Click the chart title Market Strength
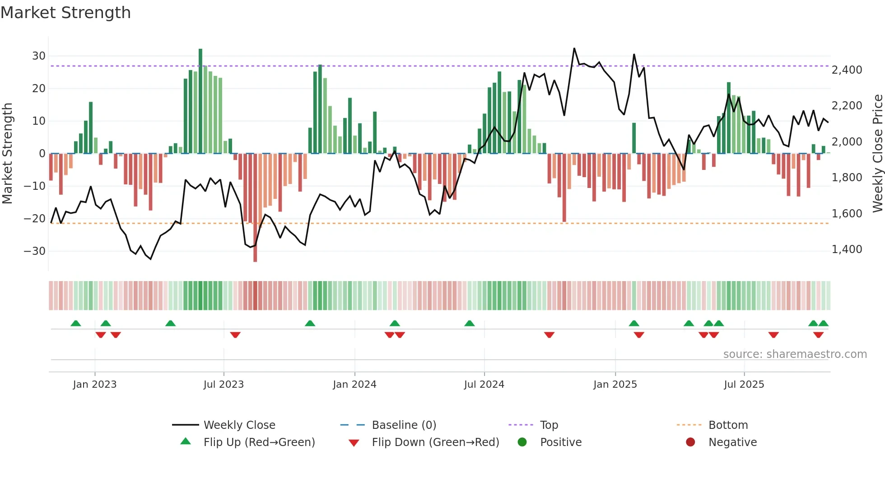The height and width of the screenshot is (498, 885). click(x=65, y=13)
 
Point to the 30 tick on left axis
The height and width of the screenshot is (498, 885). click(x=39, y=56)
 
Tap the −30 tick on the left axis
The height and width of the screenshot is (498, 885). click(x=35, y=251)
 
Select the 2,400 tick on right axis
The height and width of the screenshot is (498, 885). click(x=847, y=70)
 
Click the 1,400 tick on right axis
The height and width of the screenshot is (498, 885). click(x=847, y=249)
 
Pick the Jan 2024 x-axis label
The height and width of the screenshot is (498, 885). click(x=354, y=385)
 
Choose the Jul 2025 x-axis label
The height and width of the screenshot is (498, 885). click(x=744, y=385)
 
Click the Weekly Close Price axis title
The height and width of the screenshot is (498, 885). click(x=877, y=154)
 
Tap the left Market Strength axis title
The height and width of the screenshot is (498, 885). click(x=7, y=154)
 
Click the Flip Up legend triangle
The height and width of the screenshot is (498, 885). click(x=186, y=442)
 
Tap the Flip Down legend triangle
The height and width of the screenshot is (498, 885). click(x=354, y=443)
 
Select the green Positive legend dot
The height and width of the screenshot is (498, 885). click(x=522, y=442)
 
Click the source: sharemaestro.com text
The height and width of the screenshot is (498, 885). click(x=795, y=354)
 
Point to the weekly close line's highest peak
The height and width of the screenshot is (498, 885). click(x=574, y=48)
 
